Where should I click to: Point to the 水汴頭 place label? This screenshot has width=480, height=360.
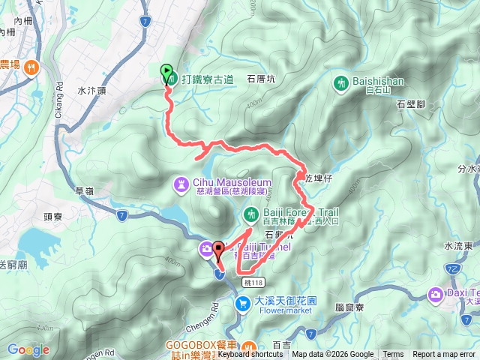pos(93,90)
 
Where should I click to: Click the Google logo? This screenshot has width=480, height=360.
pos(28,349)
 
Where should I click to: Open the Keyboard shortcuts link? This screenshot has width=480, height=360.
pos(250,355)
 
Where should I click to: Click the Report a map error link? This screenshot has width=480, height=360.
pos(445,355)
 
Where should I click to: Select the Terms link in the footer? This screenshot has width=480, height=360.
pos(393,355)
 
